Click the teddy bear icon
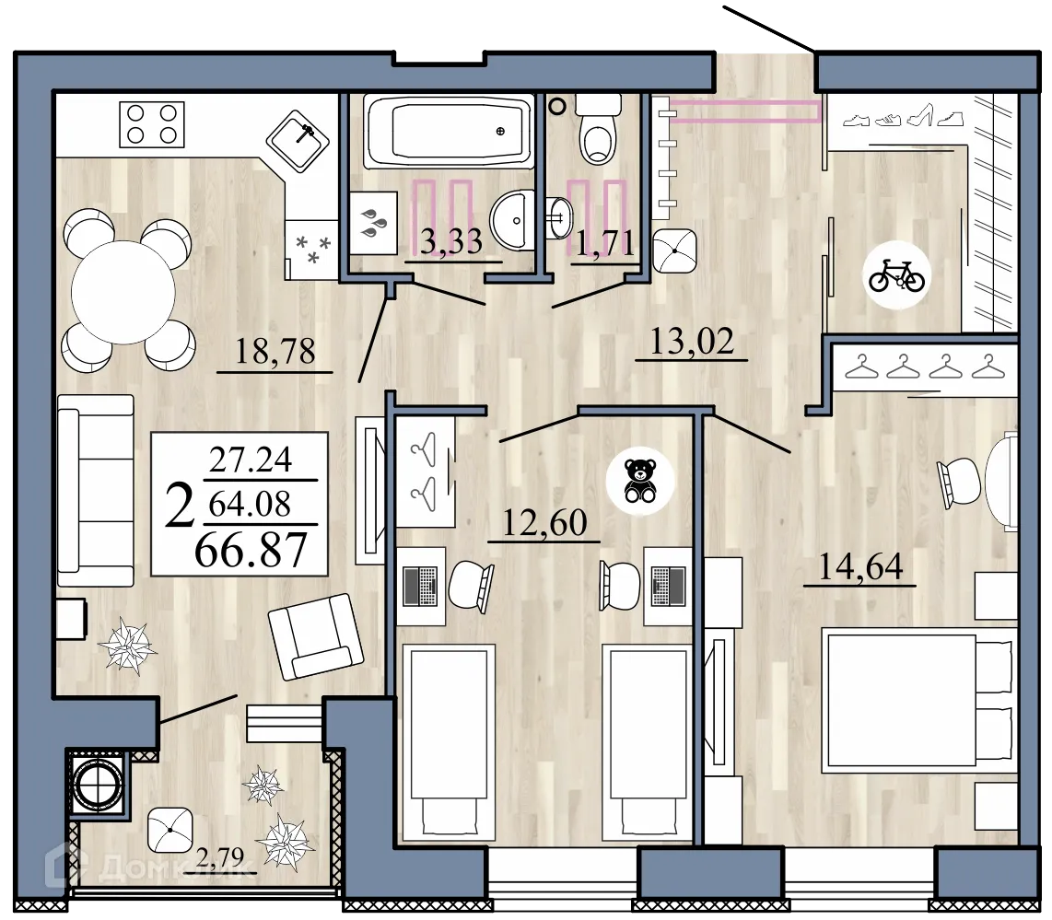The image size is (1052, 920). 639,480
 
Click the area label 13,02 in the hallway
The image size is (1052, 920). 692,342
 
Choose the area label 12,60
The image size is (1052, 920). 544,523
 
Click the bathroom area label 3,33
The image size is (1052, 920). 451,243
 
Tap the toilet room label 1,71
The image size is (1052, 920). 605,245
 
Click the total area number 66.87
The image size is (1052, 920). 251,551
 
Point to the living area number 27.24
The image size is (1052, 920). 251,460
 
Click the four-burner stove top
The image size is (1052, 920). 152,124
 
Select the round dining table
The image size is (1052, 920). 123,292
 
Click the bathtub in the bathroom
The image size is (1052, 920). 448,131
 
